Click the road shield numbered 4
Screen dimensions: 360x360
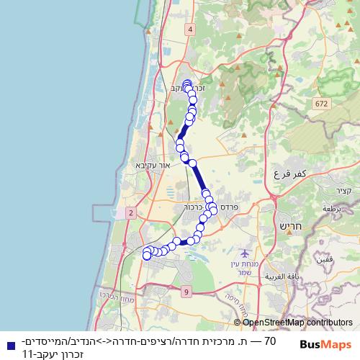190,29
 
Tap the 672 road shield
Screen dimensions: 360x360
320,104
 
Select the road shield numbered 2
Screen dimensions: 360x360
130,213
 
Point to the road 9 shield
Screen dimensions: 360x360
186,292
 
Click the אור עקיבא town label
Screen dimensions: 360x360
151,165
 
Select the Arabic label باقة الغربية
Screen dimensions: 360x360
281,276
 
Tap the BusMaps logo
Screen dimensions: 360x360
325,344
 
